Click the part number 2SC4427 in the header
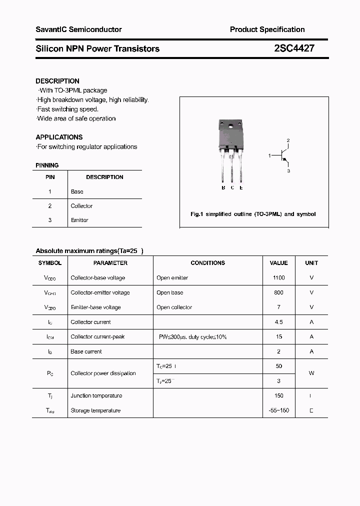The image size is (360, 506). click(x=294, y=48)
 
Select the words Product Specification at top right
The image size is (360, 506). click(x=267, y=29)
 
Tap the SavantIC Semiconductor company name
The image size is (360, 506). click(x=78, y=29)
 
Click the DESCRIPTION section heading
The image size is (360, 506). click(x=57, y=81)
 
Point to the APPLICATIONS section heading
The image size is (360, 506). click(x=59, y=137)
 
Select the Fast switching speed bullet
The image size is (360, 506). click(x=67, y=109)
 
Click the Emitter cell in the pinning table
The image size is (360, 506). click(x=79, y=220)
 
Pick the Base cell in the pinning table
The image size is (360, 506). click(x=77, y=191)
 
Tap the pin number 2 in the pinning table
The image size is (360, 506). click(x=49, y=206)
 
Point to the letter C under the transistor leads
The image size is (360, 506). click(x=232, y=188)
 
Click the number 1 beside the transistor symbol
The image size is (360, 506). click(x=269, y=156)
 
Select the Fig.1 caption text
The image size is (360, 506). click(x=253, y=214)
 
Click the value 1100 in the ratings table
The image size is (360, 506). click(x=278, y=278)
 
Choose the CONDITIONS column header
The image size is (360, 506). click(x=207, y=263)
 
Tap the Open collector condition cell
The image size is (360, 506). click(x=174, y=307)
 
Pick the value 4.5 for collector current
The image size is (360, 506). click(x=278, y=322)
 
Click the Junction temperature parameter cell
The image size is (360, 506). click(x=96, y=396)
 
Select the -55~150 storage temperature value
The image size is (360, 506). click(x=278, y=410)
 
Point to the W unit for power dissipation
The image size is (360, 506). click(x=311, y=373)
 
